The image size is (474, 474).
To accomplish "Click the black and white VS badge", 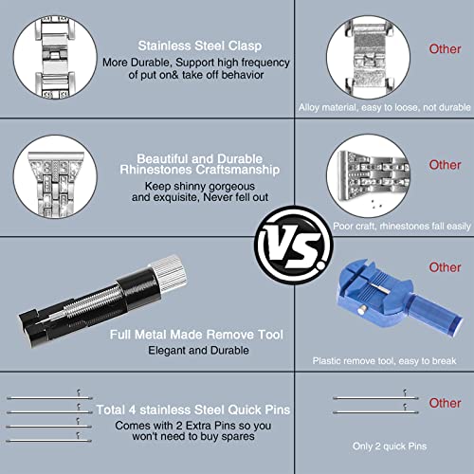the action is pos(294,246).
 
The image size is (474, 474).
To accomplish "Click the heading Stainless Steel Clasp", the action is pos(200,46).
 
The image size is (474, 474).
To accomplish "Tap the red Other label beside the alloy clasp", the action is pos(445,49).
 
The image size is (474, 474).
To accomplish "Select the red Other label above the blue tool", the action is pos(445,267).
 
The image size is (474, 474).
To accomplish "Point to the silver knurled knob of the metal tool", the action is pos(169,272).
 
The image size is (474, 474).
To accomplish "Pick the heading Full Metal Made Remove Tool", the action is pos(196,335).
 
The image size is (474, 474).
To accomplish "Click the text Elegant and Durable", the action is pos(198,350).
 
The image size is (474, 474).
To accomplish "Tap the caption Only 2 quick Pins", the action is pos(390,447).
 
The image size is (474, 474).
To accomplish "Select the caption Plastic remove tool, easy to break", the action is pos(384,361).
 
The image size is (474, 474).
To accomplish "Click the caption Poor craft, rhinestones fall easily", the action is pos(402,227).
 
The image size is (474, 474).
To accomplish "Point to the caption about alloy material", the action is pos(385,107).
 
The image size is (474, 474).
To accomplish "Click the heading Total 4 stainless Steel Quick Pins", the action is pos(193,410).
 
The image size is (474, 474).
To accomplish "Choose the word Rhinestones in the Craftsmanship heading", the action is pos(155,170).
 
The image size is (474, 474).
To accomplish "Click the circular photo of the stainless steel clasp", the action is pos(55,57).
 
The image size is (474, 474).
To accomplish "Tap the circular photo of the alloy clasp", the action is pos(368,57).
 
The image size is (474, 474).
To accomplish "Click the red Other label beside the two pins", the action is pos(445,403).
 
